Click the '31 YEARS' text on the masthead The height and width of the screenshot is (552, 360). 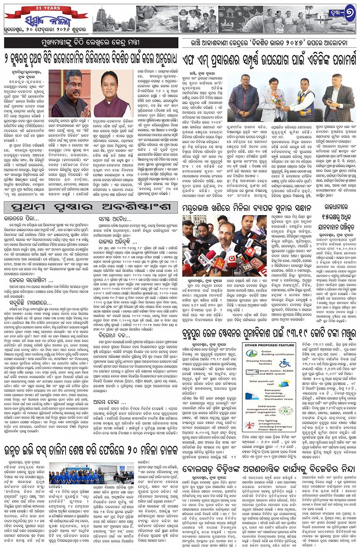[x=47, y=8]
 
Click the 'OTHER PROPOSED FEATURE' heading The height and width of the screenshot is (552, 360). [x=270, y=345]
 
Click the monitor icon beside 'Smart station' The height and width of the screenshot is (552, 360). [x=250, y=372]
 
